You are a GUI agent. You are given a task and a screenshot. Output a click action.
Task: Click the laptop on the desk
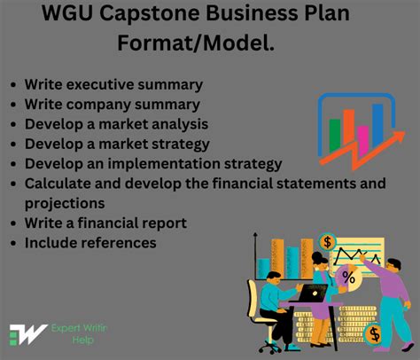click(312, 292)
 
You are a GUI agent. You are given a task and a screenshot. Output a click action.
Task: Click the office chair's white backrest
click(265, 302)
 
